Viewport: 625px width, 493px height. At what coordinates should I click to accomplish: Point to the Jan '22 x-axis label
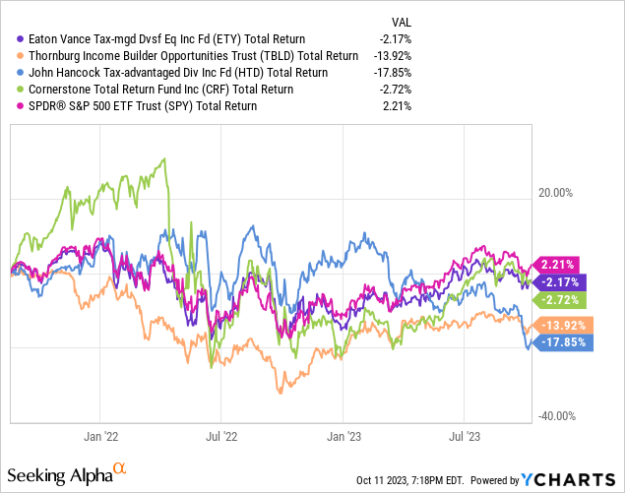pos(103,434)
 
